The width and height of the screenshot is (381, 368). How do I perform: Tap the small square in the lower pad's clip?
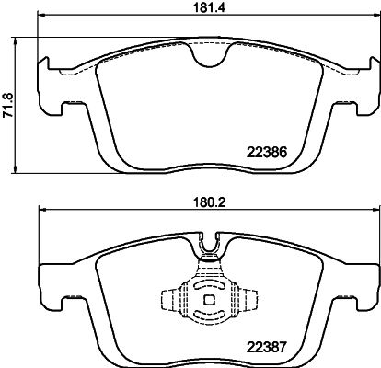[209, 299]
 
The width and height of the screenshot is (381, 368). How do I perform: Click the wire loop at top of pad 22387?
[210, 246]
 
